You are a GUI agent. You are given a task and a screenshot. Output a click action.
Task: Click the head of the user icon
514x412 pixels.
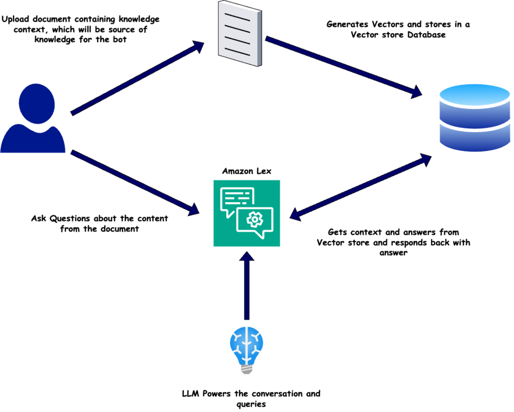pos(36,104)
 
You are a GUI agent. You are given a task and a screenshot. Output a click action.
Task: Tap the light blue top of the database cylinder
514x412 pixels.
pos(474,95)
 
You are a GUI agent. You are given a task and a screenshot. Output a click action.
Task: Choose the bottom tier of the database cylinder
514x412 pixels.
pos(474,138)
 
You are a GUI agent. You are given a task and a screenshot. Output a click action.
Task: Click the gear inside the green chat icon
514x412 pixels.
pos(254,220)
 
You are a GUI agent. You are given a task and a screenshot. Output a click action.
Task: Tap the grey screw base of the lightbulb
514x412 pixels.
pos(247,369)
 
